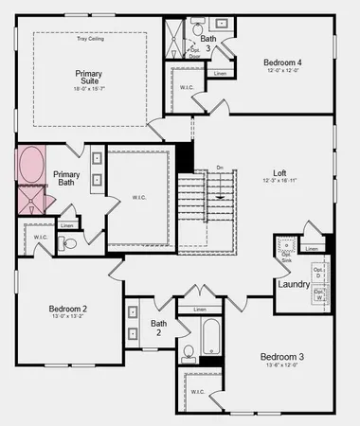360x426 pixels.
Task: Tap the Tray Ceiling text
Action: click(x=90, y=39)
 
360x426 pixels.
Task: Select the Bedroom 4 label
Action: click(x=281, y=62)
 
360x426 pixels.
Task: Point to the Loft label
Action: click(x=279, y=173)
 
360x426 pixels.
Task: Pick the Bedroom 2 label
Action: click(x=68, y=309)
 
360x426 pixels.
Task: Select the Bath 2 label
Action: click(x=159, y=328)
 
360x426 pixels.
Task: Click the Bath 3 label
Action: click(x=208, y=44)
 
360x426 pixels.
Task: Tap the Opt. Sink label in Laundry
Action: click(x=285, y=258)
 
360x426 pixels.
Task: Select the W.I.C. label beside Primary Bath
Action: click(x=138, y=197)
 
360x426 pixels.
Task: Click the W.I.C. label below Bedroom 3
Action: click(x=198, y=391)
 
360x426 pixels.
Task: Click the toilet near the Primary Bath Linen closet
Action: click(x=70, y=243)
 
